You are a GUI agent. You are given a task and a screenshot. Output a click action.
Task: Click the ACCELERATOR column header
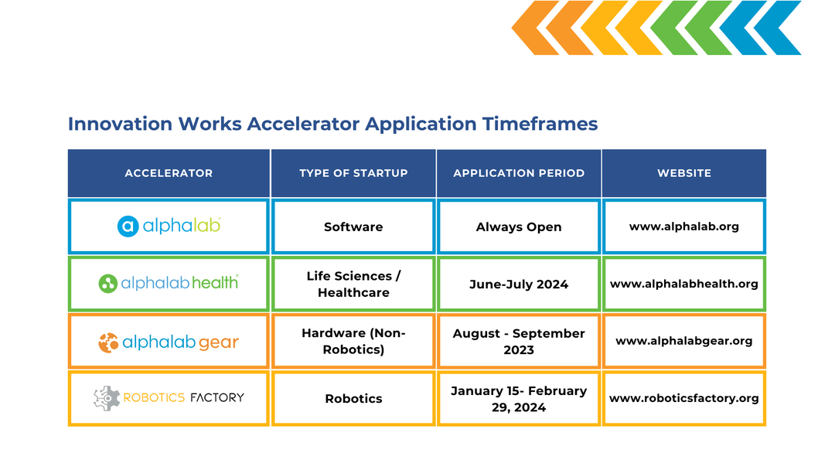pyautogui.click(x=169, y=173)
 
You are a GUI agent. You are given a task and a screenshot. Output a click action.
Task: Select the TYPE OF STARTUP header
pyautogui.click(x=353, y=173)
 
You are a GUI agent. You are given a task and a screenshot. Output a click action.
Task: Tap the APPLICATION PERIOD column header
pyautogui.click(x=519, y=173)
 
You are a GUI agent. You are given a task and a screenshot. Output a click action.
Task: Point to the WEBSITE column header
pyautogui.click(x=684, y=173)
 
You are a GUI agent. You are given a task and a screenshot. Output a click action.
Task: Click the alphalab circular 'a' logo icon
pyautogui.click(x=128, y=226)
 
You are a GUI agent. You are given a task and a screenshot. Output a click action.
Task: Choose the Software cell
pyautogui.click(x=353, y=226)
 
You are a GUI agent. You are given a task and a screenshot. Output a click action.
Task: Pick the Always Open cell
pyautogui.click(x=519, y=227)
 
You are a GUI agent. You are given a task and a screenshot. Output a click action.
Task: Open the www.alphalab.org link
pyautogui.click(x=684, y=226)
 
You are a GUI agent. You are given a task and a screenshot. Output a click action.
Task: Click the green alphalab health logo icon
pyautogui.click(x=107, y=283)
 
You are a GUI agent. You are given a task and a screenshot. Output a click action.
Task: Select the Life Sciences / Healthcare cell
pyautogui.click(x=353, y=284)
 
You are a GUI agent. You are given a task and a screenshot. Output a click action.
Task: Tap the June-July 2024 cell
pyautogui.click(x=519, y=284)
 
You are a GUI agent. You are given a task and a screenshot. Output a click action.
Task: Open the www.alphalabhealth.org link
pyautogui.click(x=684, y=284)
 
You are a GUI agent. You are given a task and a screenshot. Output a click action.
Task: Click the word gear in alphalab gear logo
pyautogui.click(x=218, y=342)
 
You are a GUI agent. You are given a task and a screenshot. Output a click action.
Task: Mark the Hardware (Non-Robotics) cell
pyautogui.click(x=353, y=341)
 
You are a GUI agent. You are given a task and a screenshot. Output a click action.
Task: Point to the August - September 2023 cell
pyautogui.click(x=519, y=342)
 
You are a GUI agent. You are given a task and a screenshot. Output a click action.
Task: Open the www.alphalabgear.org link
pyautogui.click(x=684, y=341)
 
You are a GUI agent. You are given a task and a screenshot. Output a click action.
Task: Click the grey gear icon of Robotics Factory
pyautogui.click(x=107, y=398)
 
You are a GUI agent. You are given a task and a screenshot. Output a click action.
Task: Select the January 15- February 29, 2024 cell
pyautogui.click(x=519, y=399)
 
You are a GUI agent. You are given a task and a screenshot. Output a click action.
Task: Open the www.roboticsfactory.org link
pyautogui.click(x=684, y=398)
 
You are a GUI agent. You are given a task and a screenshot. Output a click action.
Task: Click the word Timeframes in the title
pyautogui.click(x=540, y=124)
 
